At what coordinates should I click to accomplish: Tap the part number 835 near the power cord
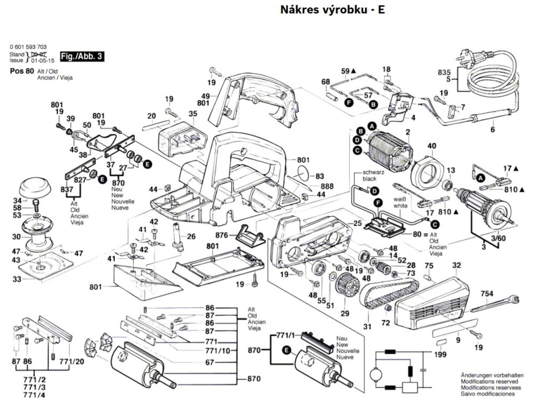coord(444,72)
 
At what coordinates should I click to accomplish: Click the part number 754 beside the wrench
coord(487,294)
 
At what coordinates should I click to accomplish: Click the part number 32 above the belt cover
coord(456,265)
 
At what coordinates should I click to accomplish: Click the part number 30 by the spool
coord(17,236)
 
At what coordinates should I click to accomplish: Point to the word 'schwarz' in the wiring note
coord(373,173)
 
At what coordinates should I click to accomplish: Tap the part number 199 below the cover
coord(440,355)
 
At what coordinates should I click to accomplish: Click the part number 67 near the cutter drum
coord(210,362)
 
